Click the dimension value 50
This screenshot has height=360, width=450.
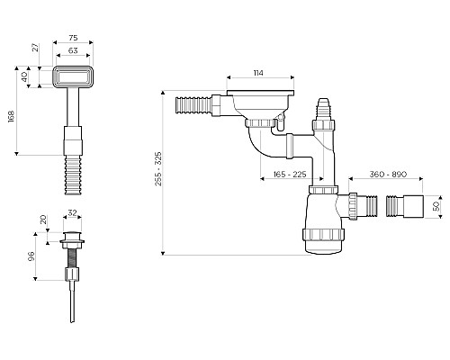(x=437, y=205)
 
